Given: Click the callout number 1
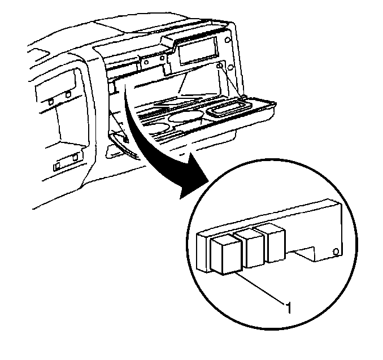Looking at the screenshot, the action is [289, 307].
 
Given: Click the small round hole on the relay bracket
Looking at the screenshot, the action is [336, 251].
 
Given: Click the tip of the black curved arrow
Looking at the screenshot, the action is [181, 198].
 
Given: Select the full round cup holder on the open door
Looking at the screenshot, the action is [186, 117].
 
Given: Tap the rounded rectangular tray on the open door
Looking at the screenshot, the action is [229, 109].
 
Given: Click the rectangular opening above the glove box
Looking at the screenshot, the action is [198, 51].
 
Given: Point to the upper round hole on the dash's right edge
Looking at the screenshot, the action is [227, 40].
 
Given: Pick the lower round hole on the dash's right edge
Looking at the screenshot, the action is [230, 67].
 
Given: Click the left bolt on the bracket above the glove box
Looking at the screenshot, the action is [146, 62].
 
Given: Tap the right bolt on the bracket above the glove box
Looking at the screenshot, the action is [162, 58].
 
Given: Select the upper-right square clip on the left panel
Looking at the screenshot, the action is [68, 94].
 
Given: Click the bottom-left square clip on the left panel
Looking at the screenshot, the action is [57, 166].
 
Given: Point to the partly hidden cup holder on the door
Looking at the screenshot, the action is [158, 128].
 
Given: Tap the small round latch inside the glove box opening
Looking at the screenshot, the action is [220, 66].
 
